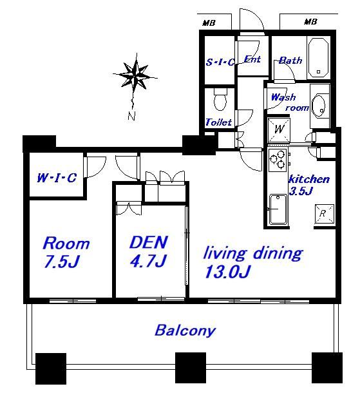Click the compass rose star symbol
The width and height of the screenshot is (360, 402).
(x=135, y=74)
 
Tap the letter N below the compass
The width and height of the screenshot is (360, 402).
(x=132, y=116)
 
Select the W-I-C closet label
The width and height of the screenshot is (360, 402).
(x=57, y=178)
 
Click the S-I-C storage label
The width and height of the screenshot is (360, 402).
(x=220, y=62)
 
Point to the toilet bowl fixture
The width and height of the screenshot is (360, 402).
(x=220, y=100)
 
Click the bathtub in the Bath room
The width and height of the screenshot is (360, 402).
(x=318, y=57)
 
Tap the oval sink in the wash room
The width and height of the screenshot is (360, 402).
(x=319, y=106)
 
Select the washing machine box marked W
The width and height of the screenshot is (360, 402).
(x=279, y=129)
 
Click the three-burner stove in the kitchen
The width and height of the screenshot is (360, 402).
(x=278, y=160)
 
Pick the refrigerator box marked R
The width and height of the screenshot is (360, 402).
(x=325, y=214)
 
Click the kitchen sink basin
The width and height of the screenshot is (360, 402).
(x=278, y=209)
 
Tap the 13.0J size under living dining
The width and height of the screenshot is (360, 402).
(x=227, y=271)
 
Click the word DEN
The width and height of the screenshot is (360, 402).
(x=148, y=242)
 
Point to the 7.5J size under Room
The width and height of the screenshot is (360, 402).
(x=61, y=262)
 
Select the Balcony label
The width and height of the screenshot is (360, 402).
(x=185, y=330)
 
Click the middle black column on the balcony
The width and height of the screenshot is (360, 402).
(x=191, y=368)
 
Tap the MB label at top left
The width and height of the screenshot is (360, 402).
(x=209, y=23)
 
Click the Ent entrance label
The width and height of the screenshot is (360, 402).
(x=252, y=59)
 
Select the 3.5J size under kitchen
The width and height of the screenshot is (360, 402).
(x=301, y=191)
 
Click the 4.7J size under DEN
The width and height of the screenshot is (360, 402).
(x=148, y=261)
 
